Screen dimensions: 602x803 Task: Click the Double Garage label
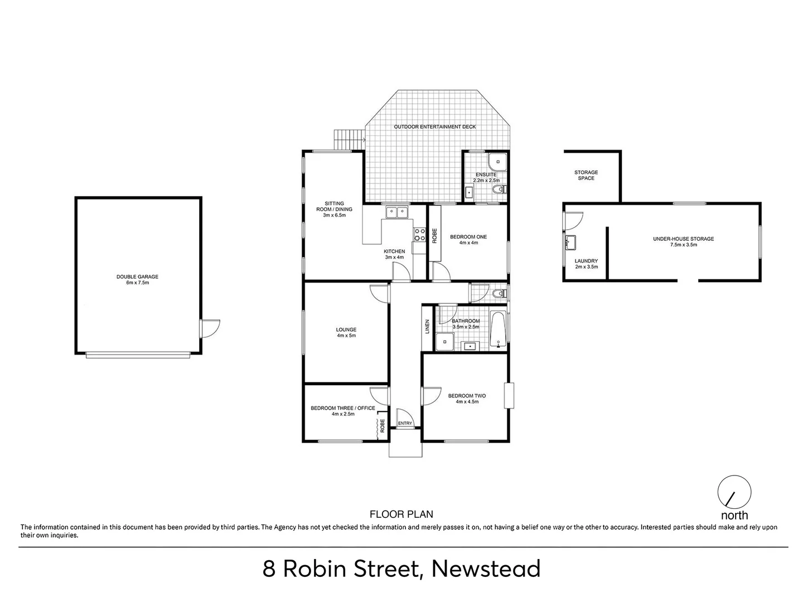pos(137,276)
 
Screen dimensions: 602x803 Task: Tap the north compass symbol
pos(734,492)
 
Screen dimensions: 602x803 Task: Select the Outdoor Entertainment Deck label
pos(435,127)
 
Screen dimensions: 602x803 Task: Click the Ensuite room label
pos(486,175)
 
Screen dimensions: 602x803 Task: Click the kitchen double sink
pos(397,212)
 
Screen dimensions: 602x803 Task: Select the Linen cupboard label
pos(427,327)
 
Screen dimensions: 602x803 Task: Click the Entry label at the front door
pos(405,424)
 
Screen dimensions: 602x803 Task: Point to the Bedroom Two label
pos(467,396)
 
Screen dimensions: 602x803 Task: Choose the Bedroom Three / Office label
pos(343,408)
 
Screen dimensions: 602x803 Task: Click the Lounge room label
pos(346,330)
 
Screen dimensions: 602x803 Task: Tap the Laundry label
pos(586,261)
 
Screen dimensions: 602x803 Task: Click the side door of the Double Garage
pos(210,328)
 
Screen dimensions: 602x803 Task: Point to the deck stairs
pos(348,139)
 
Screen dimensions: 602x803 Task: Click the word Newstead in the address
pos(486,569)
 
